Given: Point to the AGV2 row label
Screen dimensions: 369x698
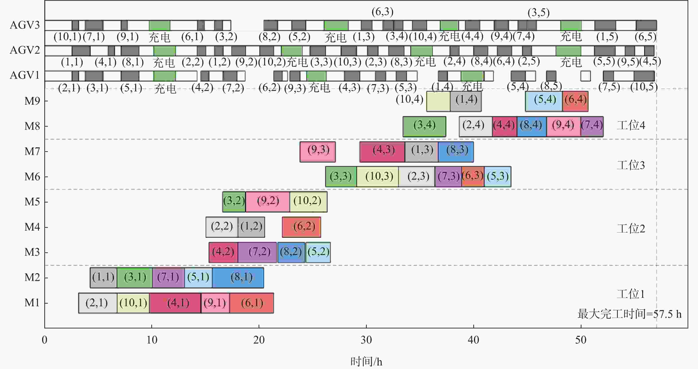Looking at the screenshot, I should (25, 50).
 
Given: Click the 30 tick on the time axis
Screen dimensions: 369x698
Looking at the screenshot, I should (366, 340).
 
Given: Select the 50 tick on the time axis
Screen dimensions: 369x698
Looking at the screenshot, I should (581, 340).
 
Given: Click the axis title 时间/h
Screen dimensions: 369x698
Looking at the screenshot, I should (366, 361).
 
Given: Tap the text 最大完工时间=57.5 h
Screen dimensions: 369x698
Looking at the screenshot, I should (629, 314).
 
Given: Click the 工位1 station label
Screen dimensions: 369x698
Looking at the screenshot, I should (631, 294).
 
